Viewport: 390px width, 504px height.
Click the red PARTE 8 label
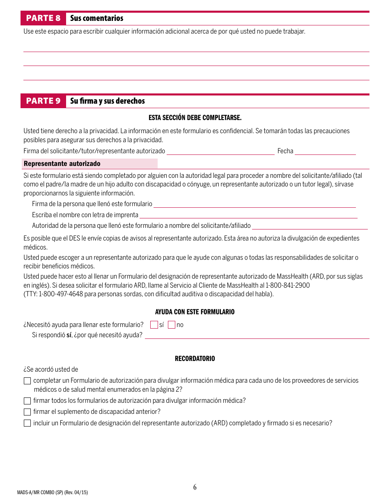pyautogui.click(x=43, y=18)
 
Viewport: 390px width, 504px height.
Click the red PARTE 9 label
pyautogui.click(x=43, y=101)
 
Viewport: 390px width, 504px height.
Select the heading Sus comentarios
pyautogui.click(x=96, y=18)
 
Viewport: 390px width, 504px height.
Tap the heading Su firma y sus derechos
pyautogui.click(x=107, y=101)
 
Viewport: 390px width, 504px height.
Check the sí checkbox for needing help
pyautogui.click(x=154, y=325)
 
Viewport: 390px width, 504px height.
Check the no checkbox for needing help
pyautogui.click(x=172, y=325)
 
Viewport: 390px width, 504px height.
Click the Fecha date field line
pyautogui.click(x=325, y=152)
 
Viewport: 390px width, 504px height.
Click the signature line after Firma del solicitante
pyautogui.click(x=220, y=152)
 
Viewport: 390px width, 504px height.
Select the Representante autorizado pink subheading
pyautogui.click(x=62, y=163)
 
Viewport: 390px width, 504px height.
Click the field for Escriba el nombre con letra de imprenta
pyautogui.click(x=248, y=215)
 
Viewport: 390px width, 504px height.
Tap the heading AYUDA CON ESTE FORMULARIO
pyautogui.click(x=195, y=312)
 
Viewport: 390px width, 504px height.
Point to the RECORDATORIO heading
pyautogui.click(x=195, y=359)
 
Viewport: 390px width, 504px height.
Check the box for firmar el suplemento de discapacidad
pyautogui.click(x=27, y=412)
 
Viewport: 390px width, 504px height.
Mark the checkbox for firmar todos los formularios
pyautogui.click(x=27, y=401)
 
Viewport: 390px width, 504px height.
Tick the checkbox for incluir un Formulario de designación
pyautogui.click(x=27, y=423)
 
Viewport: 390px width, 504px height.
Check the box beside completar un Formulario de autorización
pyautogui.click(x=27, y=381)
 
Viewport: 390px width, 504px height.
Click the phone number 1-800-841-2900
pyautogui.click(x=287, y=285)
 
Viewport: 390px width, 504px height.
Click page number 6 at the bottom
pyautogui.click(x=195, y=487)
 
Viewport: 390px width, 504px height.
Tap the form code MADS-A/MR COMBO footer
pyautogui.click(x=52, y=493)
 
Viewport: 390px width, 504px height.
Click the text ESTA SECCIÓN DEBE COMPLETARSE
pyautogui.click(x=195, y=118)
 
